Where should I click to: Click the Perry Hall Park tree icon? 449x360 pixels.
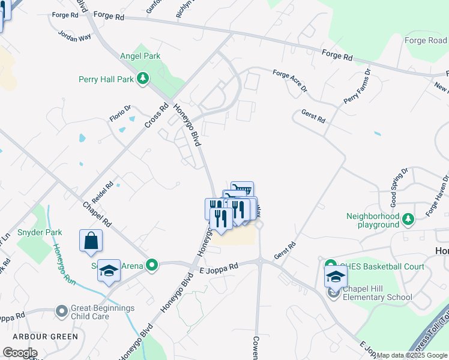143,79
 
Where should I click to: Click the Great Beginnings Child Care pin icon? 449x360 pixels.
61,311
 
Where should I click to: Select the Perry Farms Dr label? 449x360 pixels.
357,87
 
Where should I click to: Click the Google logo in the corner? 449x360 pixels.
20,353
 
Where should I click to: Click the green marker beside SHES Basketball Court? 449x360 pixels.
330,265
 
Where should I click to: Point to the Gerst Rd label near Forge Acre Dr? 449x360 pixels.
313,116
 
